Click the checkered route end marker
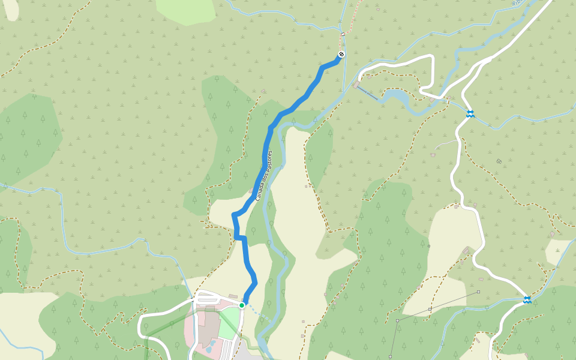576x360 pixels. (341, 55)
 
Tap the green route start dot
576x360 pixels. (242, 305)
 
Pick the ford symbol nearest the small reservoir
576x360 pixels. (470, 113)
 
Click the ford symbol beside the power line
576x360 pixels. (527, 299)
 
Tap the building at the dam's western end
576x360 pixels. (357, 85)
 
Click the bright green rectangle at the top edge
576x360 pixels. (187, 10)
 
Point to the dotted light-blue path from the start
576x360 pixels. (257, 314)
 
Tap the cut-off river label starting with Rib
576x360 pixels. (518, 4)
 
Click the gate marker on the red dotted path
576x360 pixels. (343, 34)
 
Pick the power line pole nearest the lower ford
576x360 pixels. (479, 292)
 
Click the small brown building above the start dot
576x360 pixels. (233, 296)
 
